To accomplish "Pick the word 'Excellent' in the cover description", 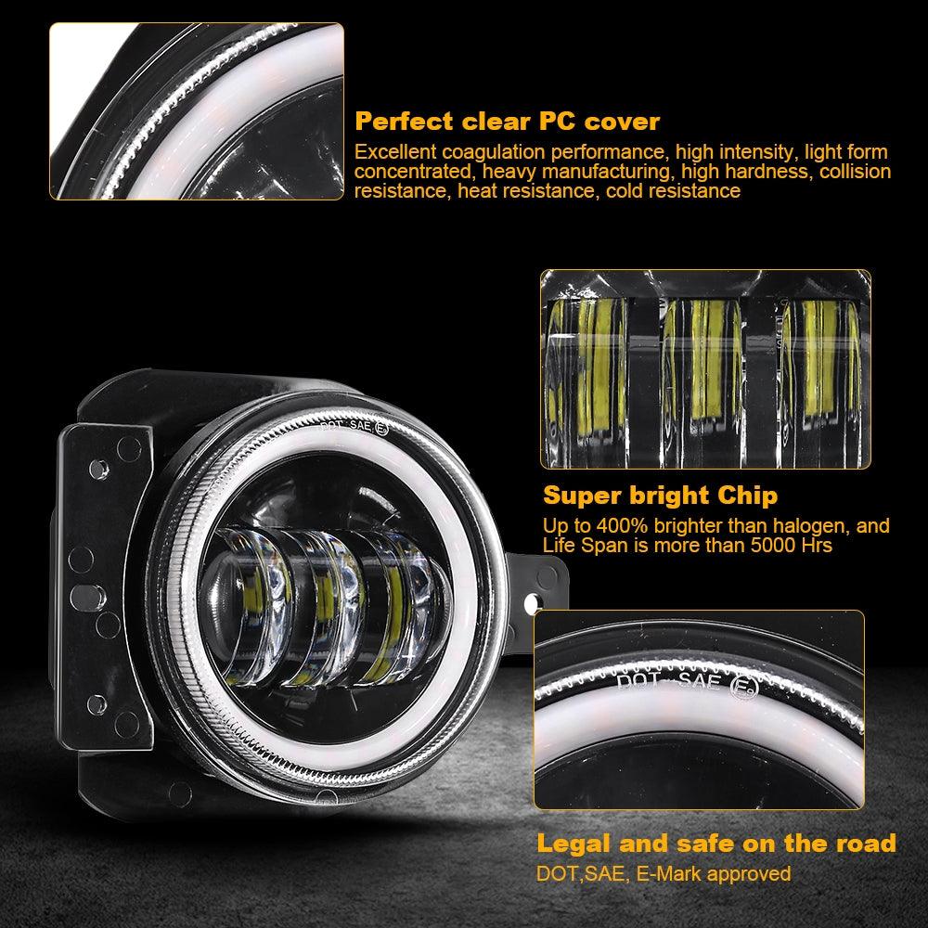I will (393, 151).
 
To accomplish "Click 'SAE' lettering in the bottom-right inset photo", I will (695, 684).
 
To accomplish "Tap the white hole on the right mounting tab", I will (535, 604).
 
